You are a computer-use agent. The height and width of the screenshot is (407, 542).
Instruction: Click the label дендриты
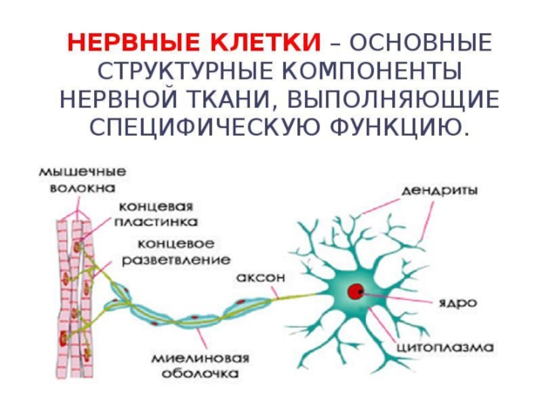pyautogui.click(x=440, y=191)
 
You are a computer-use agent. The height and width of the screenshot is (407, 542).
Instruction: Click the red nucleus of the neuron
pyautogui.click(x=354, y=292)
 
